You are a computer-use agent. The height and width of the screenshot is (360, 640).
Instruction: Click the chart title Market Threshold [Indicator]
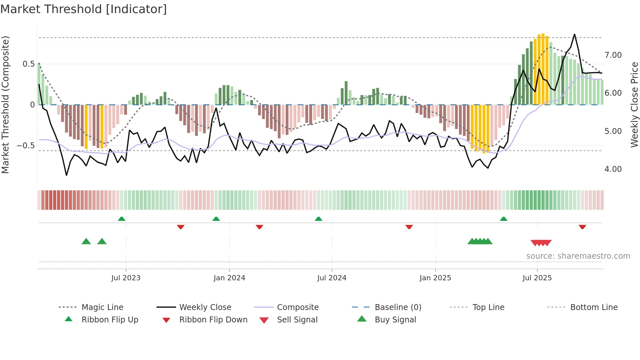tap(84, 9)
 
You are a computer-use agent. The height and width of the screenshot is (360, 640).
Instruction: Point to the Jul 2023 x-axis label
tap(126, 278)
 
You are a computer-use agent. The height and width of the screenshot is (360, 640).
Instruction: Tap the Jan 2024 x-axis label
tap(229, 278)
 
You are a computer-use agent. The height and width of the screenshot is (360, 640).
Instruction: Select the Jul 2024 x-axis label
tap(332, 278)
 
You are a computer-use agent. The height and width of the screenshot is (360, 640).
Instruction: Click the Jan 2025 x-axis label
tap(435, 278)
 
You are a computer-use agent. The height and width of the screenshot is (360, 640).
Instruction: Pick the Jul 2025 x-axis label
tap(537, 278)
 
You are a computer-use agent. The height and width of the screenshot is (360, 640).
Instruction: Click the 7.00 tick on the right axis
tap(613, 55)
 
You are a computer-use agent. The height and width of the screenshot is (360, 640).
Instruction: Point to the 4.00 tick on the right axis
tap(613, 169)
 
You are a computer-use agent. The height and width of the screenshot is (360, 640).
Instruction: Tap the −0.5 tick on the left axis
tap(26, 145)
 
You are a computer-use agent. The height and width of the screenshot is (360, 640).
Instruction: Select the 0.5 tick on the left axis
tap(29, 64)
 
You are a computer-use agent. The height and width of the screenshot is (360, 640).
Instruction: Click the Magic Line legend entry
tap(102, 307)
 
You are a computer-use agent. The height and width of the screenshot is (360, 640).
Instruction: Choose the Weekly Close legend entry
tap(205, 307)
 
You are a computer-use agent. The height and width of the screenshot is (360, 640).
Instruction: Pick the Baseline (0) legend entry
tap(398, 307)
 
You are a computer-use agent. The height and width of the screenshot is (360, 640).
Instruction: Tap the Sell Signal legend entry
tap(297, 320)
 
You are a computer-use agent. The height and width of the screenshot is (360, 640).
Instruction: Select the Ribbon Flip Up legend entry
tap(110, 320)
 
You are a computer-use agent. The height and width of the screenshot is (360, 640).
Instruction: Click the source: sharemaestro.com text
tap(578, 256)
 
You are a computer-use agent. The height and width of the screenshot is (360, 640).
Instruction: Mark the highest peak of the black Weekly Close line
tap(574, 34)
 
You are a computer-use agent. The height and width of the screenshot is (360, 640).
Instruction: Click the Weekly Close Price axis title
tap(634, 105)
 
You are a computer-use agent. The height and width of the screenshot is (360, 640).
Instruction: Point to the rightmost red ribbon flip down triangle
tap(582, 227)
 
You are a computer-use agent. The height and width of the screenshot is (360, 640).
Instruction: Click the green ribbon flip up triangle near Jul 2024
tap(318, 219)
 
